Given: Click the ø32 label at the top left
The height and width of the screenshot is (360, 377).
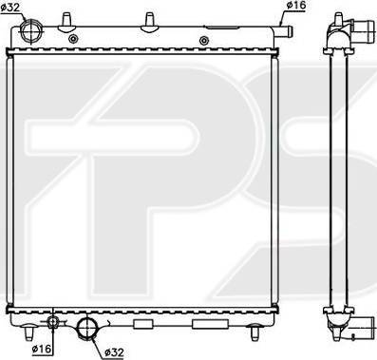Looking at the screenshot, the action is coord(10,8).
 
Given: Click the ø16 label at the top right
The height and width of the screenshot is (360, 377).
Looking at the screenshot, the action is coord(296,5).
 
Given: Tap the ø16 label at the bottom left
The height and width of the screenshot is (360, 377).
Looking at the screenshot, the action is coord(41,349).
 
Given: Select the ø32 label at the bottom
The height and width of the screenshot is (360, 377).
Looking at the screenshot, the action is coord(114,352).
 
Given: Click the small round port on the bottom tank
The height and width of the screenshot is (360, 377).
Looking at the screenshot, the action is coord(52,322).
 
